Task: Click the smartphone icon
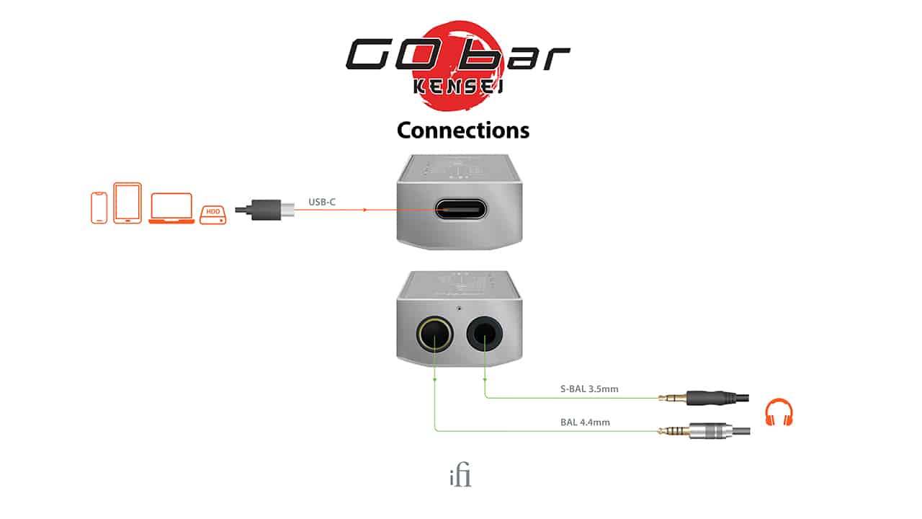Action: [x=99, y=208]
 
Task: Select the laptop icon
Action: [x=171, y=208]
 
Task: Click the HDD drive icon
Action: [x=213, y=213]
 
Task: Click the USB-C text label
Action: [x=322, y=202]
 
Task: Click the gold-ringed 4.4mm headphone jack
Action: [x=435, y=334]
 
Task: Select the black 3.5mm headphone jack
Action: [x=485, y=334]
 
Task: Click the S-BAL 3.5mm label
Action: [x=589, y=389]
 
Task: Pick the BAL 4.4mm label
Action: [x=585, y=422]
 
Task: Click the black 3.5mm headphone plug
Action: [x=710, y=398]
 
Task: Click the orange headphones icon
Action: [x=778, y=412]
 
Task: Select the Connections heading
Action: [x=462, y=130]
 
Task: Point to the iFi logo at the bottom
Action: [x=461, y=476]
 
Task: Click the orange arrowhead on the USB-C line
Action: [x=366, y=210]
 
